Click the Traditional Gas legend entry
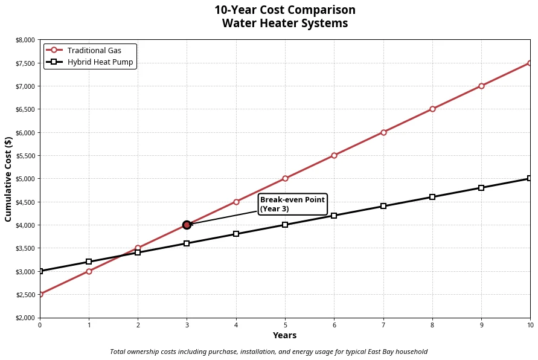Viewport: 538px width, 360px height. (x=94, y=50)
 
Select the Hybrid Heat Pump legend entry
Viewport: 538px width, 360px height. (x=100, y=62)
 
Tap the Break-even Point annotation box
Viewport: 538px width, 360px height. (x=292, y=204)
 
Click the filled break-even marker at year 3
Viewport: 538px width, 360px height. (x=187, y=225)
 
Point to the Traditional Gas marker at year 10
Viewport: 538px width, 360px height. (x=530, y=63)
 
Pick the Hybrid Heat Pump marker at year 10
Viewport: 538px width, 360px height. (x=530, y=178)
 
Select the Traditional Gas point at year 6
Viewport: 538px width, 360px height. (x=334, y=155)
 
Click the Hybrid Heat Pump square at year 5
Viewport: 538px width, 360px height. (x=285, y=225)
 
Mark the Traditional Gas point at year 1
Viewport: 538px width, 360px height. (x=89, y=271)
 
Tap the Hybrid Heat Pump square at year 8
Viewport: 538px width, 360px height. (x=432, y=197)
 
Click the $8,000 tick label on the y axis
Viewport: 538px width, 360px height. (x=25, y=40)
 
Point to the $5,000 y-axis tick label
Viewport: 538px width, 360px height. (x=25, y=179)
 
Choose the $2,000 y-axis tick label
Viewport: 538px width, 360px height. (x=25, y=318)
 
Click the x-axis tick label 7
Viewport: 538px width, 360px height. (x=383, y=326)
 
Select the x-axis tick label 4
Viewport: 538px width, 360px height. (x=236, y=326)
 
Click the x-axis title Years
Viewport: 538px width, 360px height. (x=284, y=336)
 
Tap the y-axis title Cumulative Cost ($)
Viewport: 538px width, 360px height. (x=8, y=179)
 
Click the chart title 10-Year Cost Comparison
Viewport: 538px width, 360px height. (x=284, y=10)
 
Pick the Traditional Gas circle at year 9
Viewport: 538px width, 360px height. (x=481, y=86)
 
